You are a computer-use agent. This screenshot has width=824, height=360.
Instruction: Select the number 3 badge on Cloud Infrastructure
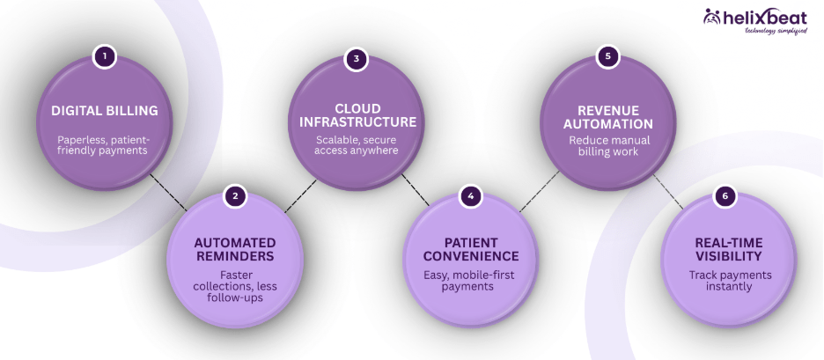coord(356,59)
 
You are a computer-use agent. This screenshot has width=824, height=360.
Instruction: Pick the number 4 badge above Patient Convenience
coord(472,195)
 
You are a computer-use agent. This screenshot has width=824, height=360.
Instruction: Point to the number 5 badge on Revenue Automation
coord(607,57)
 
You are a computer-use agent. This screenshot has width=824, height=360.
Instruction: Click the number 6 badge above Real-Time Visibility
coord(725,195)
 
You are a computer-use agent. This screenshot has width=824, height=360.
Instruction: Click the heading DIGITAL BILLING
coord(104,111)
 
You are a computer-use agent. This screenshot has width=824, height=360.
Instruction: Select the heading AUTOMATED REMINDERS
coord(234,249)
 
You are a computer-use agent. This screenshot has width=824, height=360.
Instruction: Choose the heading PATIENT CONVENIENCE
coord(472,249)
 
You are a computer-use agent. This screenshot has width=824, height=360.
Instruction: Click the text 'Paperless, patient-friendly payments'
coord(104,145)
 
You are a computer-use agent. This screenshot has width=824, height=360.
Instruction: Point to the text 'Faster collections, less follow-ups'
coord(234,285)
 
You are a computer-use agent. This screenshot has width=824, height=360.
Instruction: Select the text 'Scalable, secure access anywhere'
coord(356,143)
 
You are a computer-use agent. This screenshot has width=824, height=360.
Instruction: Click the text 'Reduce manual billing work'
coord(607,146)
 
